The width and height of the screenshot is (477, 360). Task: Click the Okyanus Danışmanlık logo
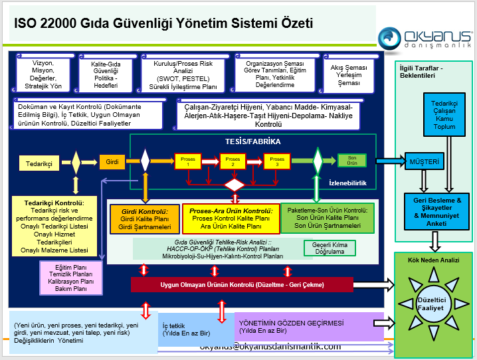[425, 39]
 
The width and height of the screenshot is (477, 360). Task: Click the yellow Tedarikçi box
[39, 162]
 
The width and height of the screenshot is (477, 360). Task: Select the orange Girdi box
[112, 161]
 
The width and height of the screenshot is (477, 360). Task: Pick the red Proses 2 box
[232, 160]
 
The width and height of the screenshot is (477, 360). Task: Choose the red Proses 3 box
[277, 160]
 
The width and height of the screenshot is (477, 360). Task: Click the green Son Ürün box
[352, 160]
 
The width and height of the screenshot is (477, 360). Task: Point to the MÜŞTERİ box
[425, 161]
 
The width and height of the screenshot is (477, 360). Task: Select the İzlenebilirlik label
[349, 183]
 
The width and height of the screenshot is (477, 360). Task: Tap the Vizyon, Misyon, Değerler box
[43, 74]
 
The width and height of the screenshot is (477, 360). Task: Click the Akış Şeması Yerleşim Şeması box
[349, 74]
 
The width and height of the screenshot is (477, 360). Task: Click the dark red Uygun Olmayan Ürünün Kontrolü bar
[242, 285]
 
